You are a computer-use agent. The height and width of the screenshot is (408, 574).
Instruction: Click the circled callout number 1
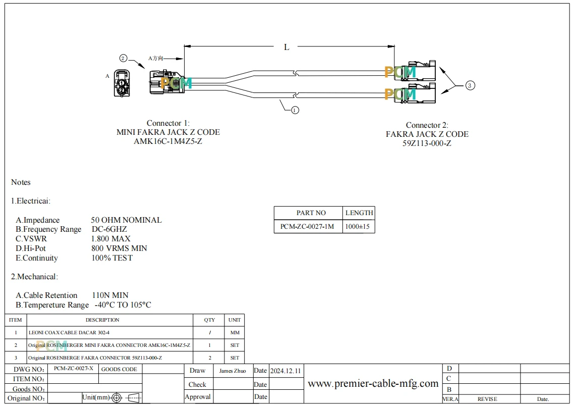click(x=295, y=110)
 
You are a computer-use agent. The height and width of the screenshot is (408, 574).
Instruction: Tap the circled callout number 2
click(x=124, y=58)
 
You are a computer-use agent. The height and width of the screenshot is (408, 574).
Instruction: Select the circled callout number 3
click(x=470, y=86)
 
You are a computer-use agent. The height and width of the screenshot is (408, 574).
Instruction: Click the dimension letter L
click(x=286, y=47)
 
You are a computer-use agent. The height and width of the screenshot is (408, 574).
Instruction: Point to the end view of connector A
click(x=122, y=83)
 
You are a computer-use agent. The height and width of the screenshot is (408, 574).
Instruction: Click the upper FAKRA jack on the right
click(x=416, y=71)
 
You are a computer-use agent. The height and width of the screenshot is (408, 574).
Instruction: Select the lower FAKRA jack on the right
click(x=416, y=93)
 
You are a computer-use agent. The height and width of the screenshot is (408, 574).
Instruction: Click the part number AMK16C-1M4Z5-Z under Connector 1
click(x=168, y=141)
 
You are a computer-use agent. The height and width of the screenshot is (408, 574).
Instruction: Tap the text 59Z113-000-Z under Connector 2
click(x=427, y=143)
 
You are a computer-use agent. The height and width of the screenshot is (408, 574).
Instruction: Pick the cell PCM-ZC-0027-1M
click(x=307, y=227)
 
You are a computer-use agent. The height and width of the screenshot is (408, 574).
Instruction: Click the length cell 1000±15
click(x=357, y=227)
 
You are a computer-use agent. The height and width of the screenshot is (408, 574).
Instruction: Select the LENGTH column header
click(x=359, y=213)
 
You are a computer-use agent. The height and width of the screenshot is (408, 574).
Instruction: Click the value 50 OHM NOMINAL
click(x=126, y=220)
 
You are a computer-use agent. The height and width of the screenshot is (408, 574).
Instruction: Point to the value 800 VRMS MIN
click(x=119, y=248)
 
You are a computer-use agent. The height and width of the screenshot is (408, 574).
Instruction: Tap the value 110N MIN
click(x=110, y=295)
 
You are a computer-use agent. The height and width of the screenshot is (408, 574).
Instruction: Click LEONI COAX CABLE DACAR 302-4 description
click(x=69, y=332)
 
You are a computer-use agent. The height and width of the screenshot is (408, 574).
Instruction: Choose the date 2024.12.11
click(x=285, y=371)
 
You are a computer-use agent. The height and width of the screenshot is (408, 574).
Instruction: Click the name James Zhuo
click(x=233, y=371)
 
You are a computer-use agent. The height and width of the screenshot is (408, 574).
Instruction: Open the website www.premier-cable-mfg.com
click(x=373, y=384)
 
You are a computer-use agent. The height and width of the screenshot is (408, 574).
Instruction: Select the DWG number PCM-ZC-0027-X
click(x=73, y=369)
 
